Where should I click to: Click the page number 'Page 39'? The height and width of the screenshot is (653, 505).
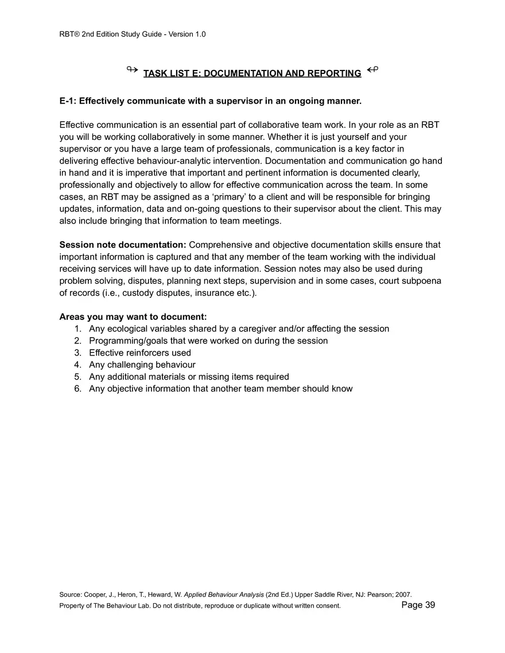click(x=418, y=605)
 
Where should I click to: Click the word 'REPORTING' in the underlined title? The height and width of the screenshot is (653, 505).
click(x=334, y=73)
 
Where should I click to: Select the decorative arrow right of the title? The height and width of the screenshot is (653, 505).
click(x=372, y=71)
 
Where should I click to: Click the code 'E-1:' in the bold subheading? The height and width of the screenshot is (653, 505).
click(x=68, y=101)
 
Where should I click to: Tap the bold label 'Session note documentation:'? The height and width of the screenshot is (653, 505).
click(x=123, y=245)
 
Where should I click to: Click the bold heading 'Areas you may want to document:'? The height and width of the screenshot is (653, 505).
click(x=133, y=316)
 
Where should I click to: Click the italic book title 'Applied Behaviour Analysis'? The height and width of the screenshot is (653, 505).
click(x=224, y=595)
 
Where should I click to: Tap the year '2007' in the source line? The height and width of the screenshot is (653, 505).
click(x=403, y=595)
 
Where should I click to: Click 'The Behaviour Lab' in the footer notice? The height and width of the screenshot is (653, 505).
click(x=124, y=605)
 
